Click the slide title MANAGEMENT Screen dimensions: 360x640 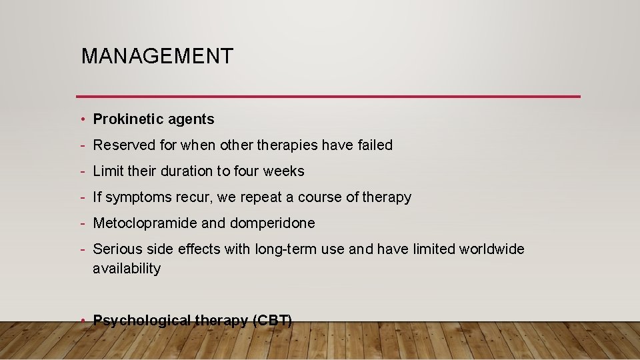click(x=157, y=56)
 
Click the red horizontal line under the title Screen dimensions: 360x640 click(x=328, y=97)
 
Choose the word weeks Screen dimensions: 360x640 click(x=283, y=171)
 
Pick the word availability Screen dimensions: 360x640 click(x=127, y=269)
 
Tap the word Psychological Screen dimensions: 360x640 click(x=142, y=321)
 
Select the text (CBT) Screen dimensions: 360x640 click(x=272, y=321)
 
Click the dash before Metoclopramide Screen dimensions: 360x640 click(x=82, y=223)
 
